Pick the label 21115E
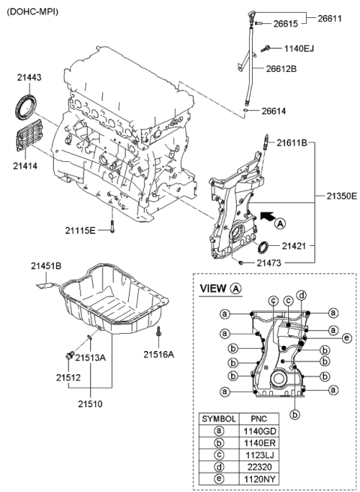[x=79, y=229]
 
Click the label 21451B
[x=47, y=265]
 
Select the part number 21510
[x=91, y=404]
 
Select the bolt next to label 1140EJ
[x=268, y=49]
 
